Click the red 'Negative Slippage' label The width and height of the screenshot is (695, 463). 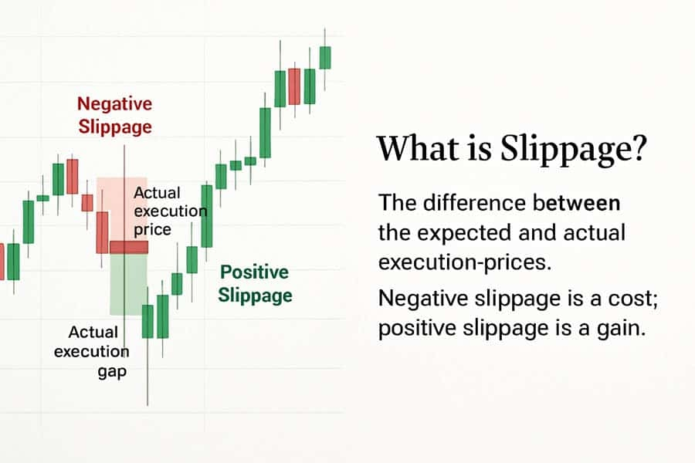point(115,115)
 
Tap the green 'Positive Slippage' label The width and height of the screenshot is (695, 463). point(255,283)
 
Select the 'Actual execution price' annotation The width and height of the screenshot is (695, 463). point(170,211)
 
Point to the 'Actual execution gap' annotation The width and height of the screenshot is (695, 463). point(92,351)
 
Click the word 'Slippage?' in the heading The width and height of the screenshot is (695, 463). point(574,150)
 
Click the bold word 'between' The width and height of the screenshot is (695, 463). point(576,203)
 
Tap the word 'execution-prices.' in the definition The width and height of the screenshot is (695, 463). point(465,262)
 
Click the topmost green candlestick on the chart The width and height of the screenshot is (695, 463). point(325,58)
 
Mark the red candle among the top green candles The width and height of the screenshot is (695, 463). point(294,86)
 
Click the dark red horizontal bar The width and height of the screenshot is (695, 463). point(128,247)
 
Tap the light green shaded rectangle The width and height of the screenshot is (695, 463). point(128,285)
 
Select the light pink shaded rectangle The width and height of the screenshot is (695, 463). point(122,209)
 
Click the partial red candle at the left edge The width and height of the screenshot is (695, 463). point(2,262)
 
